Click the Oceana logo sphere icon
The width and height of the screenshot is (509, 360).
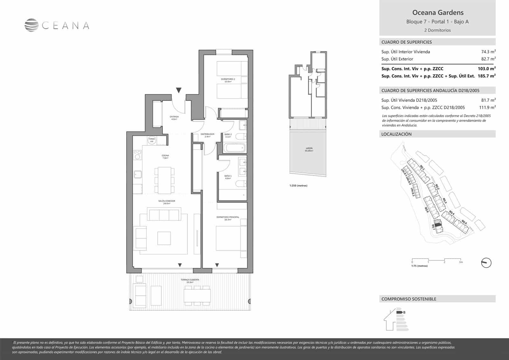[x=32, y=25]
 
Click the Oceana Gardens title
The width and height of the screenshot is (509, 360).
[x=438, y=13]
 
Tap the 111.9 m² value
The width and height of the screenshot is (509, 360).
[x=487, y=108]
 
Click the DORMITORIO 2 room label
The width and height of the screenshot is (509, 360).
[x=228, y=80]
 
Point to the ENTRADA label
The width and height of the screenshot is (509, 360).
[x=174, y=118]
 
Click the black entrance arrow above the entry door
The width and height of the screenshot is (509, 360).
[x=179, y=90]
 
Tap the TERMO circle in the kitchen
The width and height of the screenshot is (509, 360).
[x=152, y=140]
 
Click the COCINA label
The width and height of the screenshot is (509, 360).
[x=165, y=157]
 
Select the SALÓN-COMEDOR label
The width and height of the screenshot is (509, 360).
[x=167, y=202]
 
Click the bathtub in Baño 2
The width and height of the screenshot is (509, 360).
[x=234, y=148]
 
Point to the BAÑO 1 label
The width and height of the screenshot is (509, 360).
[x=228, y=177]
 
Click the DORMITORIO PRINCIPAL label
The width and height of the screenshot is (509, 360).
[x=227, y=218]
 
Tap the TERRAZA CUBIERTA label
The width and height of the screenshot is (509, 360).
[x=190, y=281]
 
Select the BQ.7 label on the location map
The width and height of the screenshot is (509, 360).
[x=433, y=228]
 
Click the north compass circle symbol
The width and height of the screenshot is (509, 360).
[x=486, y=263]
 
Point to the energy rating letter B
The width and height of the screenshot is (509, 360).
[x=404, y=312]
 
